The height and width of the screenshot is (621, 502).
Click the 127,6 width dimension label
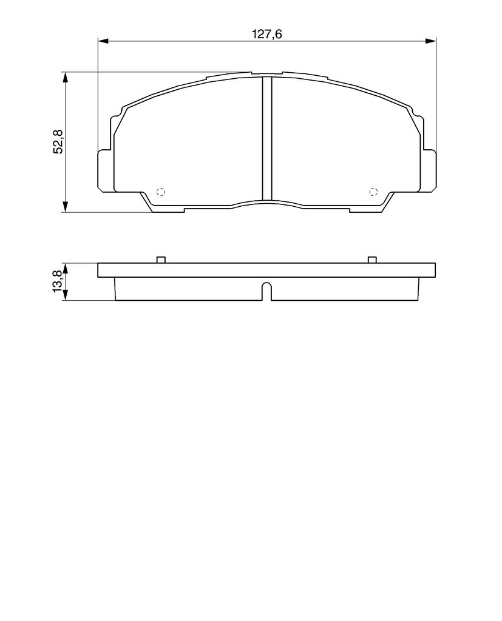pyautogui.click(x=267, y=34)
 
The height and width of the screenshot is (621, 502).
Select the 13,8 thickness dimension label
pyautogui.click(x=57, y=281)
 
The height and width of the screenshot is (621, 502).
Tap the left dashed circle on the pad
pyautogui.click(x=161, y=192)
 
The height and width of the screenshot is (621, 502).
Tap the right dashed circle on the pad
pyautogui.click(x=373, y=192)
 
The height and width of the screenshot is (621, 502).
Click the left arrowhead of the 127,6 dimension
pyautogui.click(x=103, y=41)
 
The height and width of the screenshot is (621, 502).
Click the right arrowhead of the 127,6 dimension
pyautogui.click(x=430, y=41)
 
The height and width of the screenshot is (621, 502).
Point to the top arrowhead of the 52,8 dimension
pyautogui.click(x=66, y=78)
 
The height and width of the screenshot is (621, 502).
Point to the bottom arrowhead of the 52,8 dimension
pyautogui.click(x=66, y=207)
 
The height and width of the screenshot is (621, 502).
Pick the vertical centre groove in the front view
pyautogui.click(x=267, y=138)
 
